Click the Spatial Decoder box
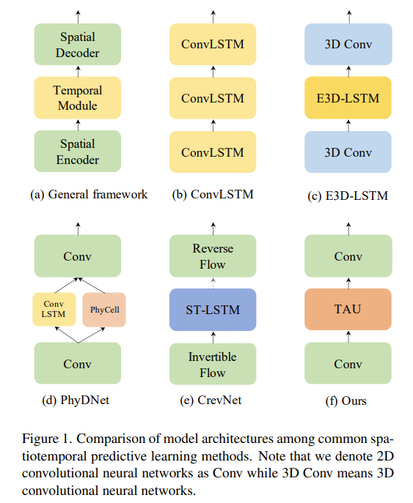point(77,44)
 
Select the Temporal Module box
point(77,97)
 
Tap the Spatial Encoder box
point(77,152)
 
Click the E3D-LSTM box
point(348,97)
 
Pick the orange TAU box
point(348,310)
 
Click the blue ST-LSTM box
point(213,310)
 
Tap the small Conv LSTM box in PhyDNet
point(53,310)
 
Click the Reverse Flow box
point(213,256)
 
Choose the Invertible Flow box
point(213,364)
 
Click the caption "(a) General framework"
point(88,194)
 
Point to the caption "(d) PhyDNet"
point(77,400)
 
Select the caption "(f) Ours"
point(348,400)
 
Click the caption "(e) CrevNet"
point(213,400)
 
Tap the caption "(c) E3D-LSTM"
point(348,195)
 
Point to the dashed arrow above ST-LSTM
point(213,283)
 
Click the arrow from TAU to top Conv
point(348,283)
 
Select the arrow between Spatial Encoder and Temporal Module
point(77,124)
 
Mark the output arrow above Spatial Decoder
point(77,16)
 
